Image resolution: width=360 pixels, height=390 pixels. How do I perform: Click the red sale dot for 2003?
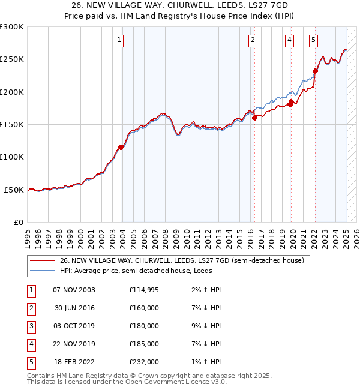[x=121, y=147]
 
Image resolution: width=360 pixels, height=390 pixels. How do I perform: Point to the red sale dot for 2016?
[x=254, y=118]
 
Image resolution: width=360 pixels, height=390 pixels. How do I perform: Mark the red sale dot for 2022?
[x=315, y=71]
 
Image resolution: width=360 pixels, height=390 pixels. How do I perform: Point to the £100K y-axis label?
[x=12, y=157]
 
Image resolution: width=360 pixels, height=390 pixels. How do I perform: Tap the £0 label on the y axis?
[x=18, y=222]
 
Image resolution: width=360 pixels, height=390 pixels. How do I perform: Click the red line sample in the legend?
[x=42, y=260]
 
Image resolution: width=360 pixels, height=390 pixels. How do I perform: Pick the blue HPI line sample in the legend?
[x=42, y=271]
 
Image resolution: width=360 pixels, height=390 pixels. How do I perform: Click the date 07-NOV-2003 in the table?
[x=74, y=290]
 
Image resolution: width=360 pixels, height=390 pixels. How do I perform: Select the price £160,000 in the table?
[x=144, y=308]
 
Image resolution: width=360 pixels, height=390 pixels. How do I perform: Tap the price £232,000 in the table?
[x=144, y=362]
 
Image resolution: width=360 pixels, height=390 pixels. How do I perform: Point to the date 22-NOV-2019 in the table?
[x=74, y=344]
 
